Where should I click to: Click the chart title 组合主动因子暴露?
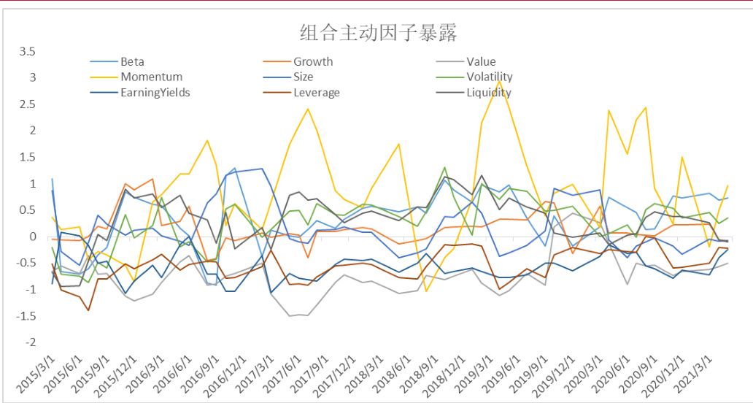coord(377,33)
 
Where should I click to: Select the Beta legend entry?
coord(132,61)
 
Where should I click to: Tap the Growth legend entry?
coord(313,61)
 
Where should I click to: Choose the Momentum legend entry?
coord(151,77)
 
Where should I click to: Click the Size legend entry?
coord(303,77)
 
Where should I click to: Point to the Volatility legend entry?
coord(489,77)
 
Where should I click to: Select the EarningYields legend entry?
coord(155,93)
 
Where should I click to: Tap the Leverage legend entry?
coord(316,93)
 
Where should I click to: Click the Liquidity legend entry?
coord(489,93)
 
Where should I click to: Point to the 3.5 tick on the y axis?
coord(27,51)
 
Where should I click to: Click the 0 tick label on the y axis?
coord(32,237)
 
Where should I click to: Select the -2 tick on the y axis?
coord(29,342)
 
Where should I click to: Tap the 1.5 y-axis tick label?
coord(27,157)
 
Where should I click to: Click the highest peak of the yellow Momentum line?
coord(499,81)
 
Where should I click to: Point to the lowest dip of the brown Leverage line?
coord(88,310)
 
